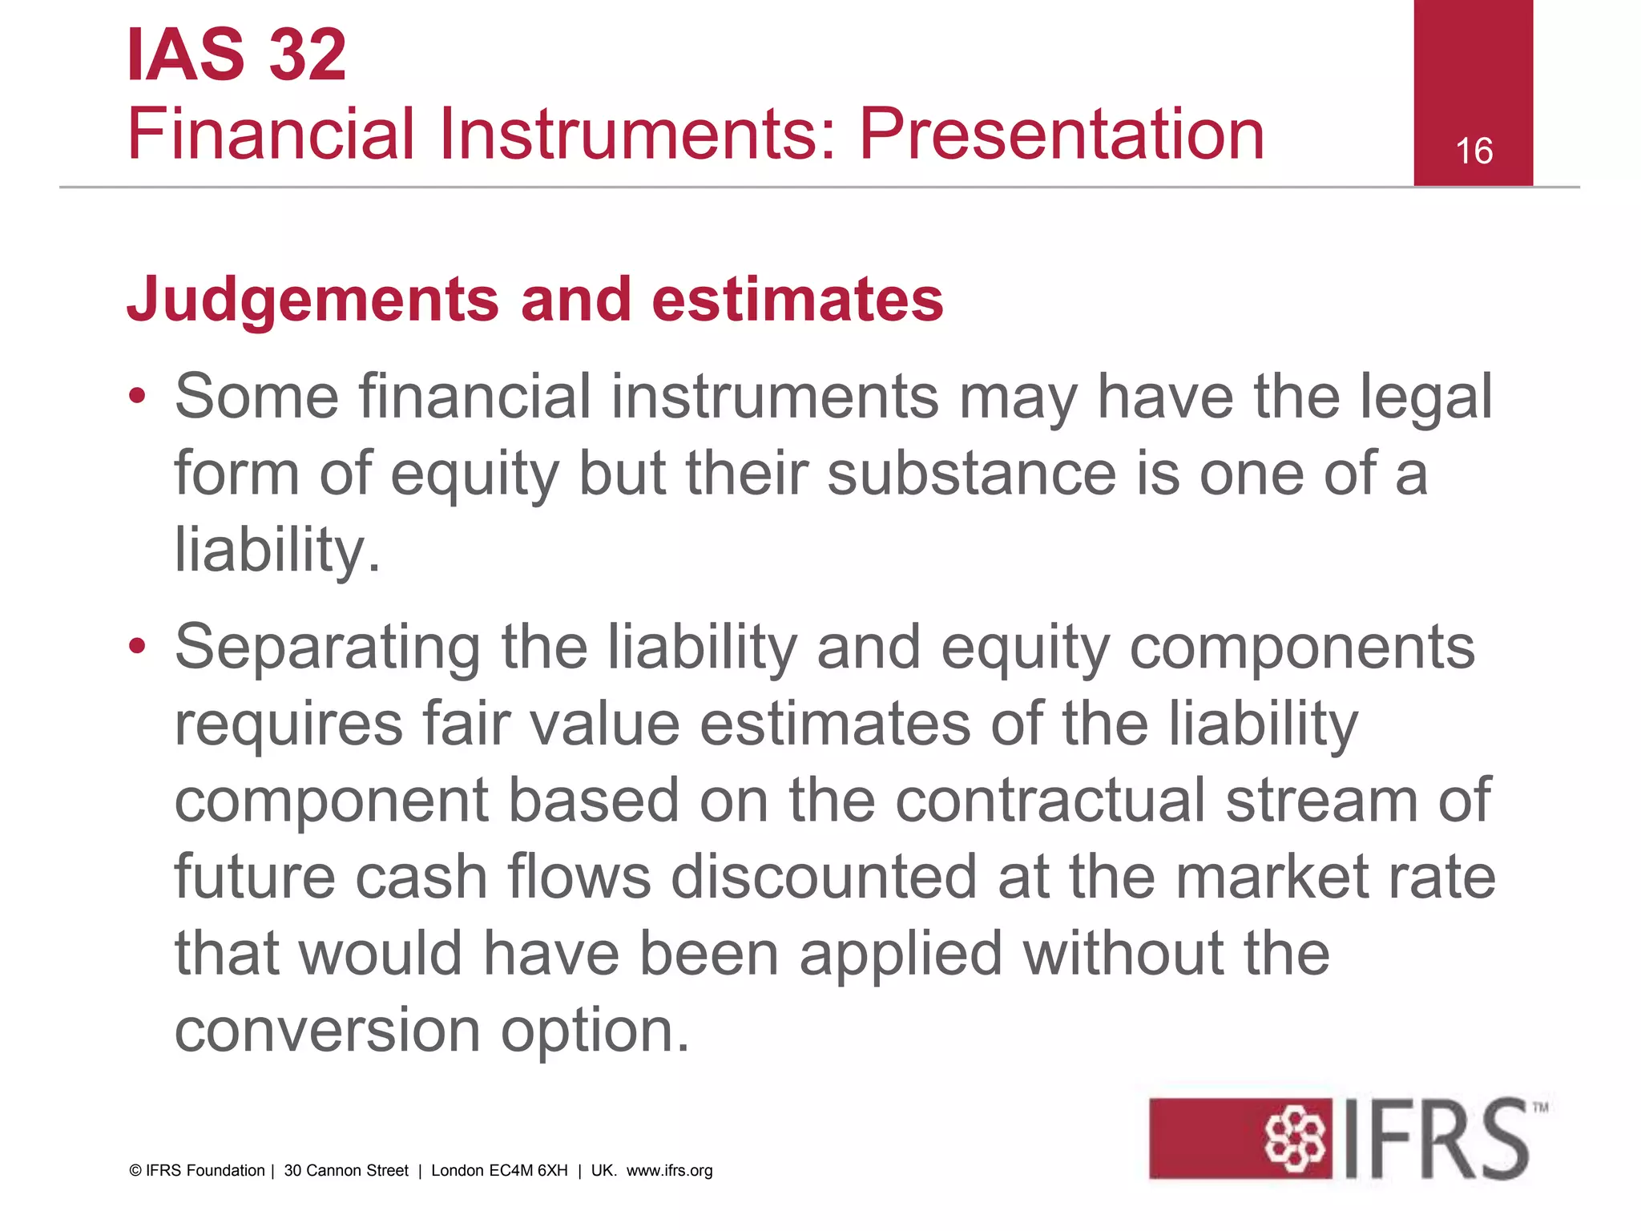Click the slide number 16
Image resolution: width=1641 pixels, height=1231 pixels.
point(1474,151)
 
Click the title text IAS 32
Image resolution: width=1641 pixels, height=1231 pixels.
point(236,55)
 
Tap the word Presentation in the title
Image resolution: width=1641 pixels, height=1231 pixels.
point(1062,134)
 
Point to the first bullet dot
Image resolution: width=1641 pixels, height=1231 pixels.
point(138,396)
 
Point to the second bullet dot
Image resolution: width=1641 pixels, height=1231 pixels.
point(138,646)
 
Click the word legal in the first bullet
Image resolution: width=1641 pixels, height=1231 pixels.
point(1426,398)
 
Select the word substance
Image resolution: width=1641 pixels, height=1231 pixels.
point(971,473)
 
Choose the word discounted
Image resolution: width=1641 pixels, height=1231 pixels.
point(824,877)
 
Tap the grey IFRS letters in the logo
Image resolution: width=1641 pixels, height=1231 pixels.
point(1434,1138)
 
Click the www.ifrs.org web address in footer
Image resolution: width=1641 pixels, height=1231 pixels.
point(669,1171)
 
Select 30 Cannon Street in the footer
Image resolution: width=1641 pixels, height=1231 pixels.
point(346,1171)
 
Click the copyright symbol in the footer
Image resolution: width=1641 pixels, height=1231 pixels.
point(135,1171)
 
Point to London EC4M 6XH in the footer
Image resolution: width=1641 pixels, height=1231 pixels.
point(499,1171)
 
